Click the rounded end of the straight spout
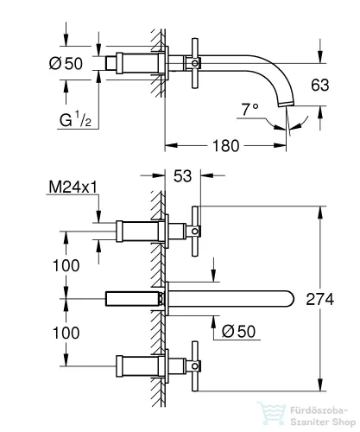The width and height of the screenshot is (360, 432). click(289, 298)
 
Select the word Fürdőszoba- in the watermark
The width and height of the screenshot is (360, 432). click(315, 404)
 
